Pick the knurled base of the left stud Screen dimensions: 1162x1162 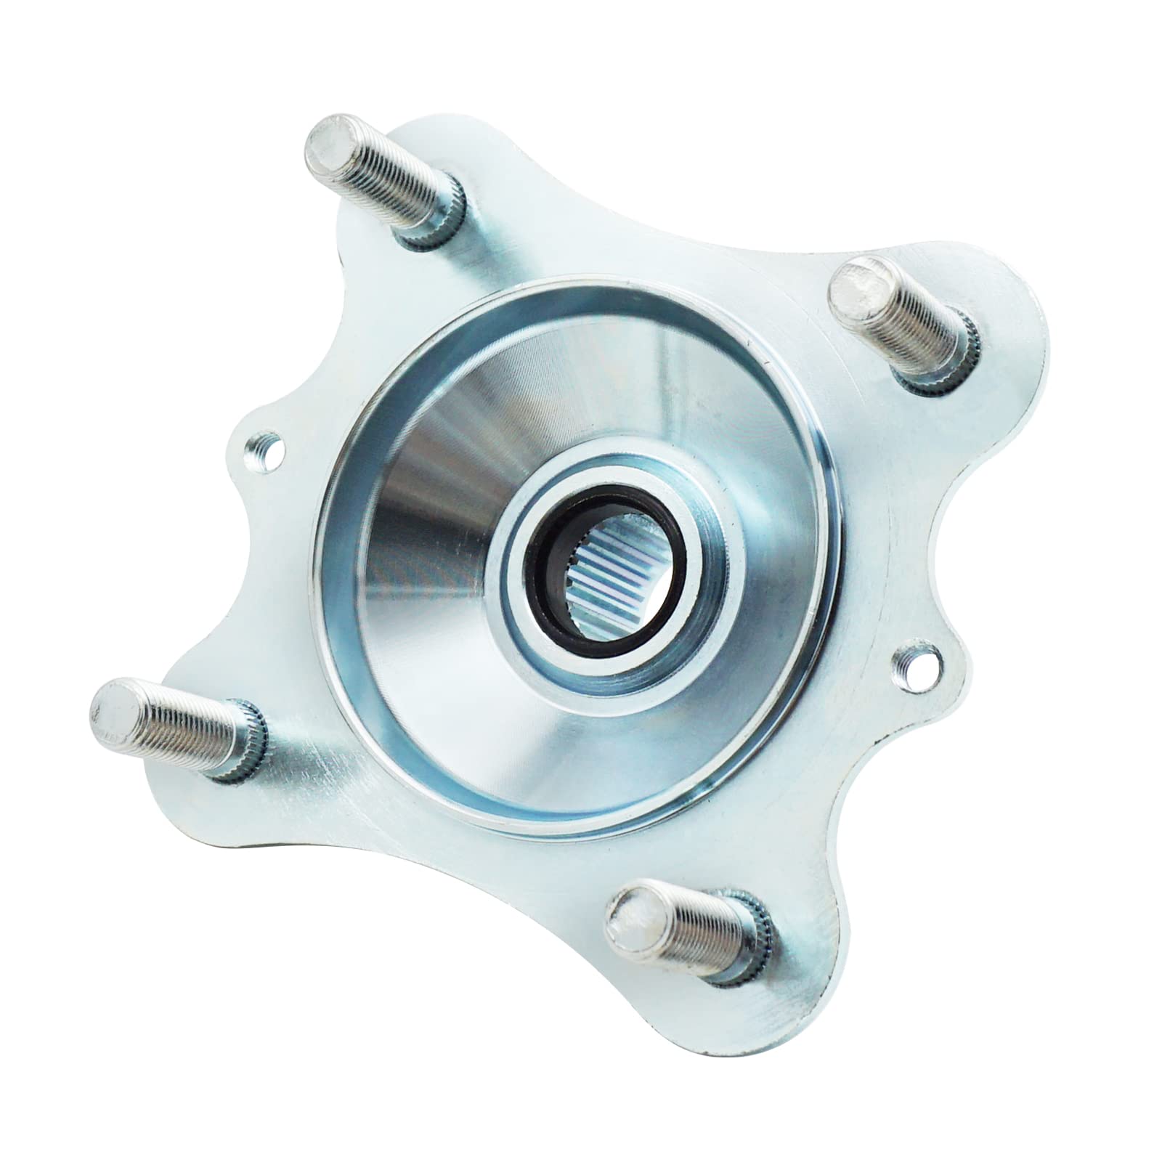coord(251,747)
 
